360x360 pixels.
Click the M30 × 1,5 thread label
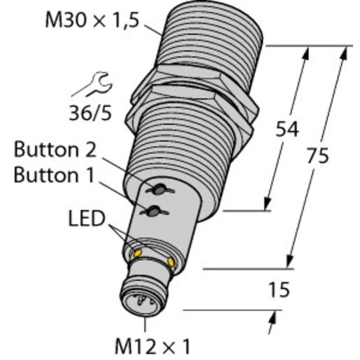click(92, 20)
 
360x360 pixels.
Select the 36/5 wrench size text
click(90, 113)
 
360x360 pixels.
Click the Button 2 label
click(55, 150)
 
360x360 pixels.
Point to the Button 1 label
click(54, 175)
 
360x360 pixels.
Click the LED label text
click(87, 219)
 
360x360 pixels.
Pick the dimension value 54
click(287, 129)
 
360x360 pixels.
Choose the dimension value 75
click(317, 155)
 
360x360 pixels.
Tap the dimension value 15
click(280, 289)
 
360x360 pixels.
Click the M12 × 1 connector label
click(152, 346)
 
